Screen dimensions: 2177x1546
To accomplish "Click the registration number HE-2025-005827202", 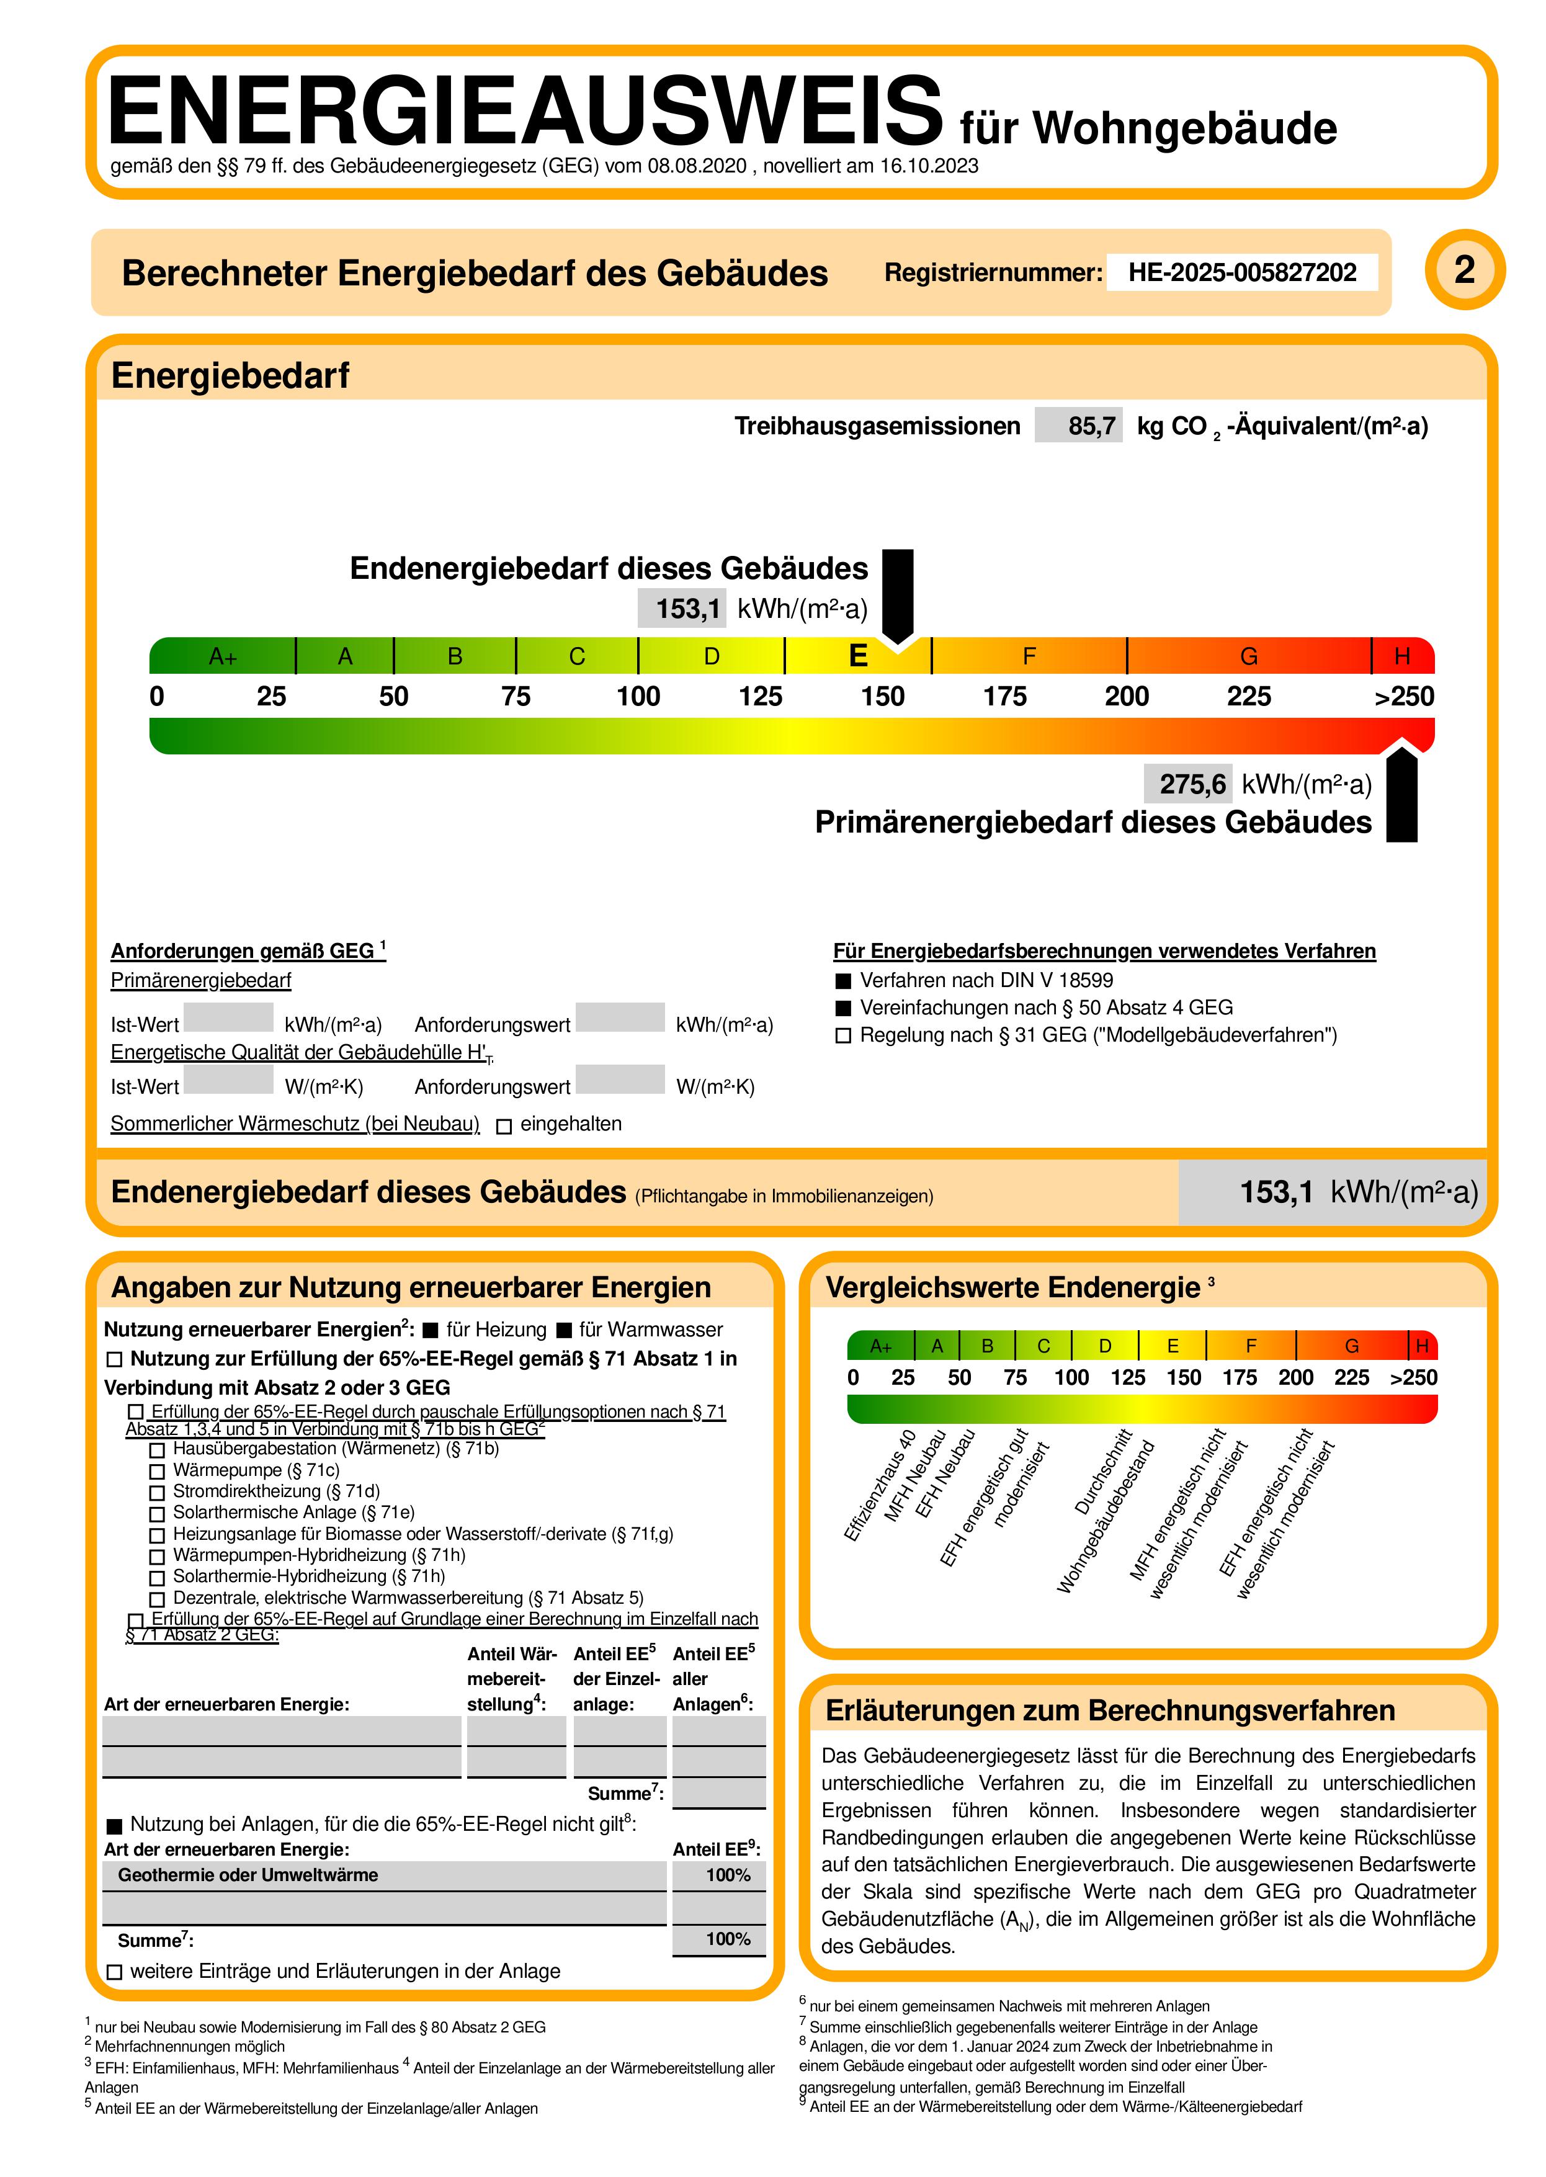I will point(1241,272).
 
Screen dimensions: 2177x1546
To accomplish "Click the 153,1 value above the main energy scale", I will point(687,608).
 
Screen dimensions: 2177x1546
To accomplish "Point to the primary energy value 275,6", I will point(1192,784).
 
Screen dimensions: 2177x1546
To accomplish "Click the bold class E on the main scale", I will point(858,656).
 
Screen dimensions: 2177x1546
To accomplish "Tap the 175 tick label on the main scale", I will point(1004,697).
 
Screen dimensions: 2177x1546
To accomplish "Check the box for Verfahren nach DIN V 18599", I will point(842,980).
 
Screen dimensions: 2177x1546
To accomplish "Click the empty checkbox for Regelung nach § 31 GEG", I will point(842,1035).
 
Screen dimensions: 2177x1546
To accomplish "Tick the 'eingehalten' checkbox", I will point(504,1126).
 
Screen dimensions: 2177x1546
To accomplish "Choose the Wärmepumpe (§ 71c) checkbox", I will point(157,1472).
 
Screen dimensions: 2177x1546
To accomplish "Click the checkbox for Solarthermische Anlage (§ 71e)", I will point(157,1514).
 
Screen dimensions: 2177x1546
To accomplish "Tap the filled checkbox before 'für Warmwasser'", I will point(563,1330).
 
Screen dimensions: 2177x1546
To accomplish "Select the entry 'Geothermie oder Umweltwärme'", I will point(248,1875).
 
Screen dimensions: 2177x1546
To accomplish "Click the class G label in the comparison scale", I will point(1351,1346).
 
